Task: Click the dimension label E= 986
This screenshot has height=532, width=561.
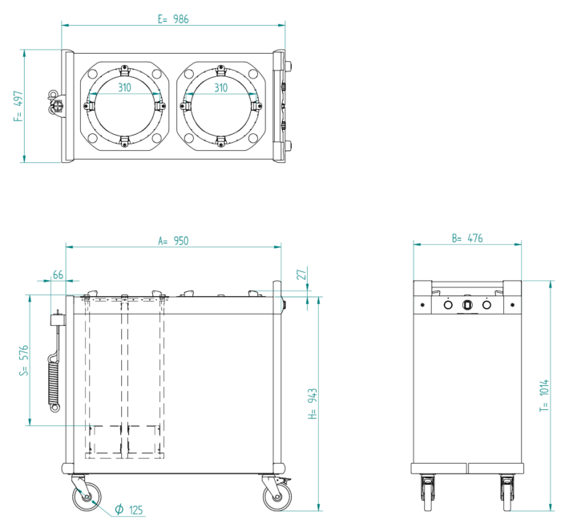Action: [173, 19]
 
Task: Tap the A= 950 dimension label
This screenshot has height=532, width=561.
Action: [173, 240]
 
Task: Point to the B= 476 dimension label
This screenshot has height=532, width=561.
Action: [466, 238]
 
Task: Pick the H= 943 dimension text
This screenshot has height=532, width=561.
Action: [313, 404]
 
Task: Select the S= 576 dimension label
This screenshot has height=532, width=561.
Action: [24, 360]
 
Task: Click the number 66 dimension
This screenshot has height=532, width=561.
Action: [58, 275]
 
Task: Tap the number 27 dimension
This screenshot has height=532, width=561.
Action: [301, 274]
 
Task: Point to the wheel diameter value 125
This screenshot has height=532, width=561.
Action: [135, 510]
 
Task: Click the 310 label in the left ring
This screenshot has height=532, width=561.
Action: [125, 87]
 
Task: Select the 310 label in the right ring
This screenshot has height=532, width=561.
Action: [221, 87]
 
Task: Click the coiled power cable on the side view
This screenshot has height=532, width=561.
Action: [54, 378]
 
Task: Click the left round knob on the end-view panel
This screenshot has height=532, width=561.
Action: [447, 305]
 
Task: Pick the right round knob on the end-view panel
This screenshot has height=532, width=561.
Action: [486, 305]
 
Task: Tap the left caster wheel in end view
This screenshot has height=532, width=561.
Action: [426, 490]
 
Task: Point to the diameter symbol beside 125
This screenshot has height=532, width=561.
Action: [118, 510]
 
